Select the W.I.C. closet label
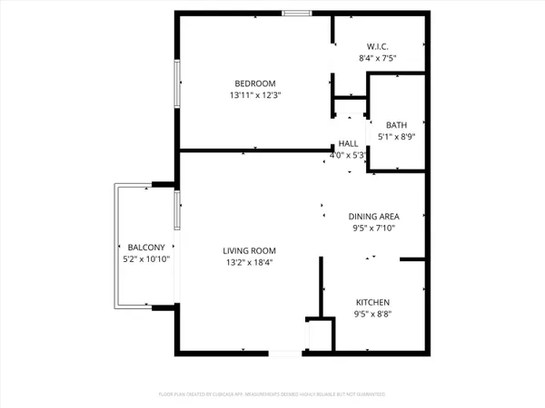click(378, 46)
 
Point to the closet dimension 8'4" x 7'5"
click(378, 58)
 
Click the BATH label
click(397, 125)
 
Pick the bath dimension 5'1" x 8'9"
click(397, 137)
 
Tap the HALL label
click(348, 143)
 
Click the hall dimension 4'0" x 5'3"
click(348, 155)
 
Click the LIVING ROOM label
click(250, 251)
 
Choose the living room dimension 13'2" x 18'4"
click(250, 263)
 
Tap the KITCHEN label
click(372, 302)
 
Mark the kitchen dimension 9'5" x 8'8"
click(372, 314)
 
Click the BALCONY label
click(145, 248)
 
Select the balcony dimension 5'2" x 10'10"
click(145, 259)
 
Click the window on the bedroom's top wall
click(296, 13)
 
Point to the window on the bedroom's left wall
click(177, 83)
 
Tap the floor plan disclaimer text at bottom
click(272, 395)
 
